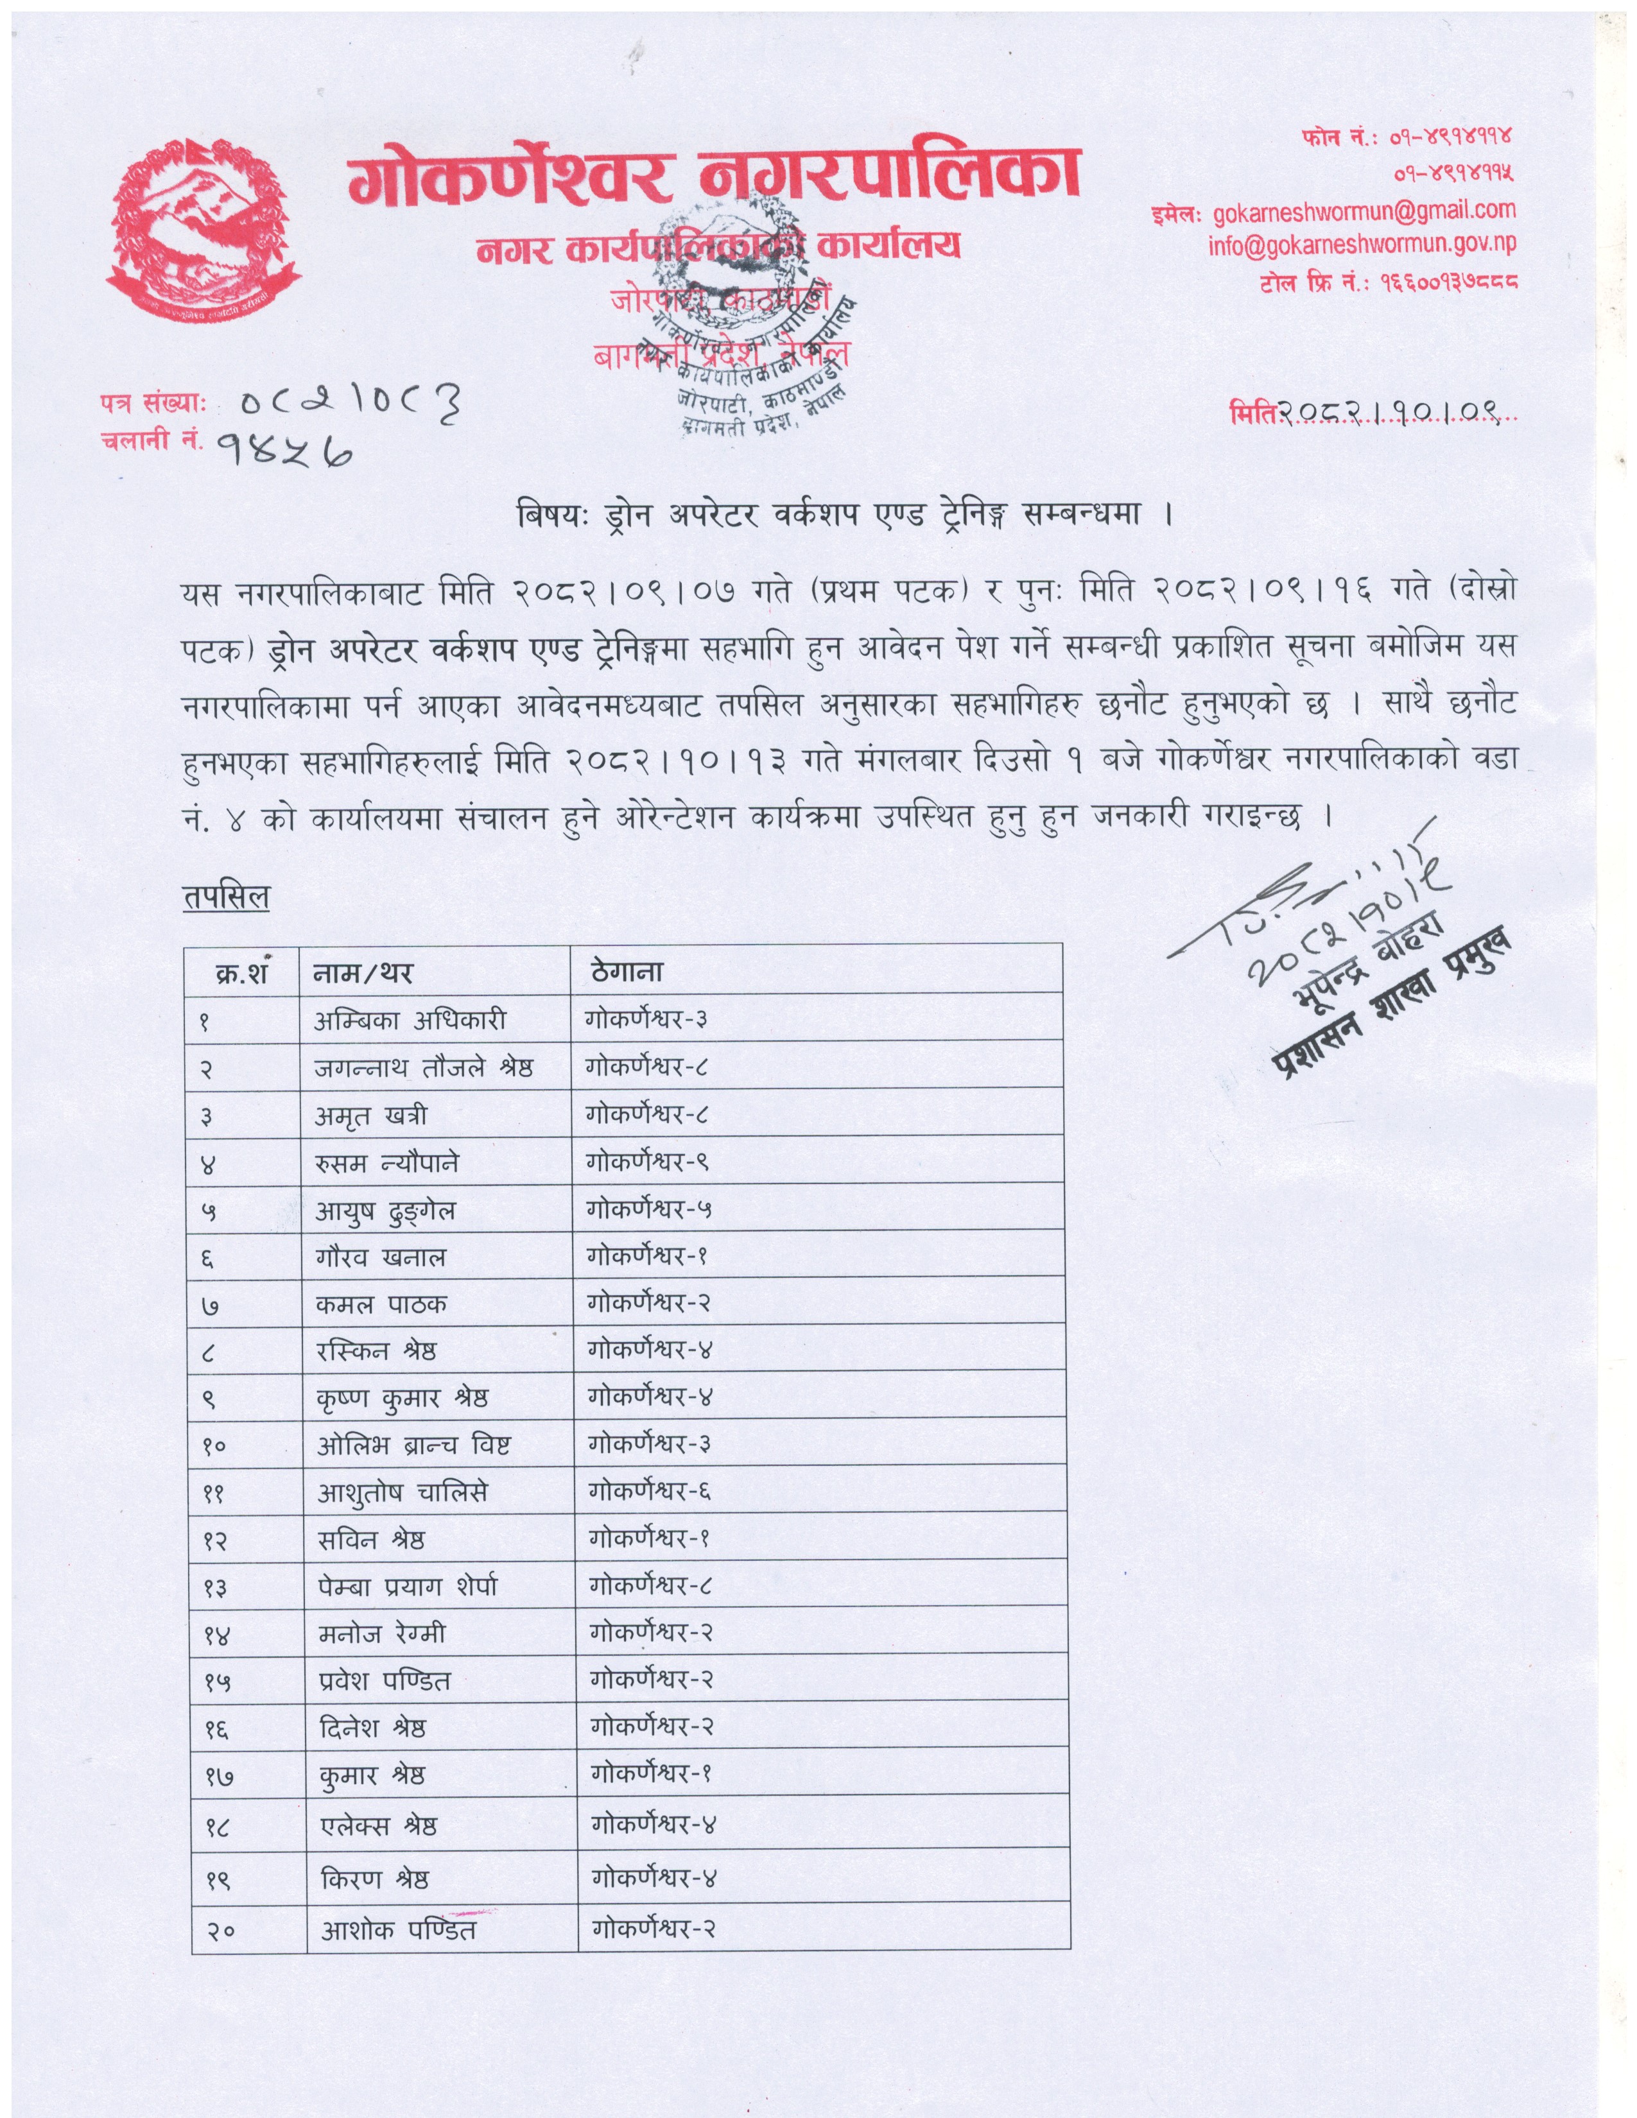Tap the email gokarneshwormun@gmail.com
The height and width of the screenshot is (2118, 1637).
click(1365, 211)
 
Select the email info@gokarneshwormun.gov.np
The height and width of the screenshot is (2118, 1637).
click(1362, 245)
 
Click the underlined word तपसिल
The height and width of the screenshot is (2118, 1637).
click(226, 898)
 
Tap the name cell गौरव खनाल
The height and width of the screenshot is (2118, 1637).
click(380, 1258)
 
